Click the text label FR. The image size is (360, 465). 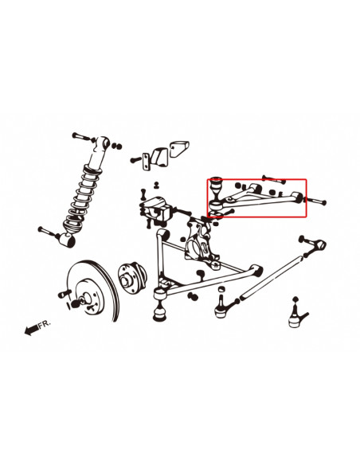[45, 323]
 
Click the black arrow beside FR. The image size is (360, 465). [31, 330]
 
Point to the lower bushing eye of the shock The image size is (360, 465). [68, 240]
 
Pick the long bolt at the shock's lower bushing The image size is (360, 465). [49, 232]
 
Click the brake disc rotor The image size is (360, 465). [93, 291]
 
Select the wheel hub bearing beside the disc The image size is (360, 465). [131, 277]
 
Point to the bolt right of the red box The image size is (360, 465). [315, 201]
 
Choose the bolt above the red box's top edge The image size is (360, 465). [273, 179]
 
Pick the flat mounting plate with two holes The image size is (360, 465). [147, 162]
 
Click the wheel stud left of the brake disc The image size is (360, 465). [65, 294]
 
